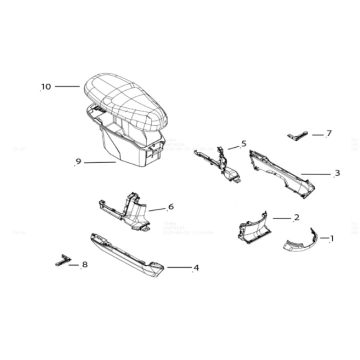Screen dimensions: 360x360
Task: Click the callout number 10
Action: [46, 87]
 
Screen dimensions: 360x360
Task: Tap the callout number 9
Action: [78, 162]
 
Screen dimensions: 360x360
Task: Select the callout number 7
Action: [329, 133]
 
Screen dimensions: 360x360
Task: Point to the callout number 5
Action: [244, 144]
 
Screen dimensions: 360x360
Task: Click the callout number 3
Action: [337, 173]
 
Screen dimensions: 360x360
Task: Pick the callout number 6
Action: [171, 207]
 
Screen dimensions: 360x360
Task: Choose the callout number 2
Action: [297, 218]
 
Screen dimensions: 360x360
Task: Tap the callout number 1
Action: [332, 238]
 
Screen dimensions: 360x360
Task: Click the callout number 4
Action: [196, 268]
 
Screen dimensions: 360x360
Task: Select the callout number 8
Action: [85, 265]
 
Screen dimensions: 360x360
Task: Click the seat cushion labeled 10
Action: [126, 100]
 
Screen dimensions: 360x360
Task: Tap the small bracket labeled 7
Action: [297, 136]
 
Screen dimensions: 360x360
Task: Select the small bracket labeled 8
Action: [63, 260]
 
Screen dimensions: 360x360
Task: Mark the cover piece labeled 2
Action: [252, 228]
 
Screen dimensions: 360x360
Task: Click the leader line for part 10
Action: [67, 86]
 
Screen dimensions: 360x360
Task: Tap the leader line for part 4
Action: [179, 267]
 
